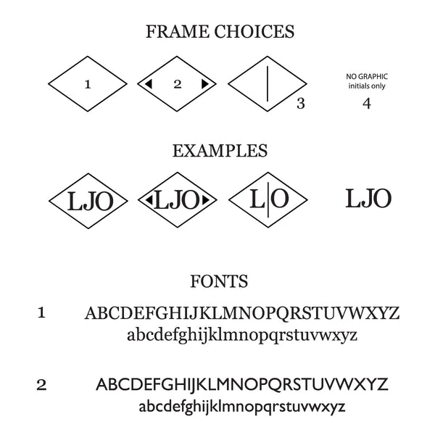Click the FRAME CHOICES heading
[x=220, y=32]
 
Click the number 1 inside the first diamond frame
[x=88, y=85]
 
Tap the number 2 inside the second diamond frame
[x=178, y=84]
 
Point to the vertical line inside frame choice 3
[x=269, y=84]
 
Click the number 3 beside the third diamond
[x=301, y=103]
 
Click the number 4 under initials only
[x=366, y=103]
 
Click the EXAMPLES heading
[x=220, y=151]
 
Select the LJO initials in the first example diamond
[x=89, y=200]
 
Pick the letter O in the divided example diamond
[x=280, y=198]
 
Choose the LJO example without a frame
[x=368, y=197]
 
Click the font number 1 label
[x=41, y=312]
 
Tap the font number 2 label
[x=41, y=384]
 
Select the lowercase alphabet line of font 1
[x=242, y=335]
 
